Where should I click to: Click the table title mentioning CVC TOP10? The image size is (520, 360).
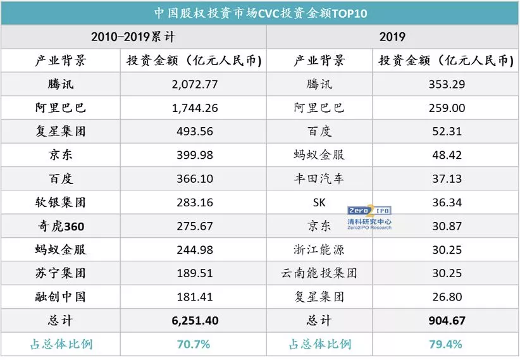260,13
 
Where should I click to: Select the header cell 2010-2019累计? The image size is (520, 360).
133,37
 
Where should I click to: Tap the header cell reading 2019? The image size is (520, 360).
392,37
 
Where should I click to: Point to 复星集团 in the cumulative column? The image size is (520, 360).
61,132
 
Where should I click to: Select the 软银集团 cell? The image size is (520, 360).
61,202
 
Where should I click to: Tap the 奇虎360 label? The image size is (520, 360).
61,226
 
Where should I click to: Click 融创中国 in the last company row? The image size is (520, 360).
61,297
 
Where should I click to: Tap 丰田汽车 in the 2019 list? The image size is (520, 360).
319,179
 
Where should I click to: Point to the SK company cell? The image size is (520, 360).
319,202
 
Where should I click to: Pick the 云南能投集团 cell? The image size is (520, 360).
319,273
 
